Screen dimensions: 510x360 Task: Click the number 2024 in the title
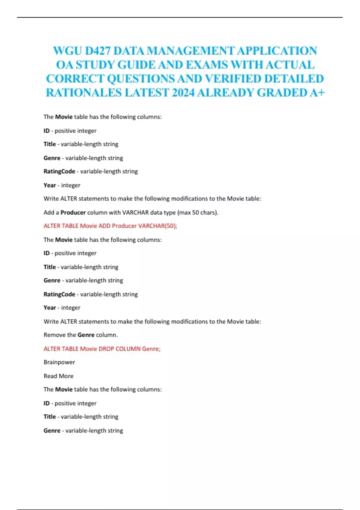[183, 93]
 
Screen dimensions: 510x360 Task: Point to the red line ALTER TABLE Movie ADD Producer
[110, 226]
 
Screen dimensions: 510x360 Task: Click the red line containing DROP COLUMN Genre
[102, 349]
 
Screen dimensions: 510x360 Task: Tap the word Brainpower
[59, 362]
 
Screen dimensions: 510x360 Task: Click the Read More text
[58, 376]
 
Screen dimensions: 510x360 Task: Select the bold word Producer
[73, 212]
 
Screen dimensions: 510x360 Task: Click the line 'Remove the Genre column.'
[80, 335]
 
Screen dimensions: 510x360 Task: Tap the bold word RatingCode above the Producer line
[59, 171]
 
